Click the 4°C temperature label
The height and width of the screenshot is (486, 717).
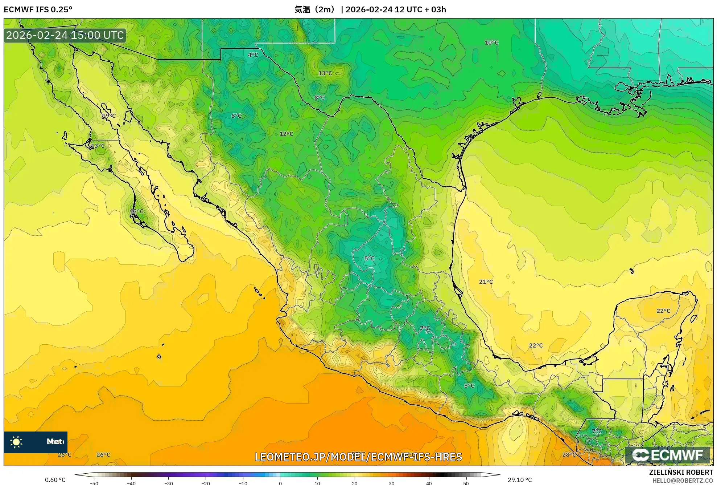click(x=253, y=55)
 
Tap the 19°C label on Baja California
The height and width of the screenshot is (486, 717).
click(x=109, y=116)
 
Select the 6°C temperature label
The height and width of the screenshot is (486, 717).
click(x=236, y=116)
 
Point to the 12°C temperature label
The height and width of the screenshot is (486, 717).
click(x=286, y=134)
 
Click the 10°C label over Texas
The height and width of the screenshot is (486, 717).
click(x=491, y=42)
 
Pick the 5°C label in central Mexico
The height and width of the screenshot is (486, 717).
click(x=369, y=259)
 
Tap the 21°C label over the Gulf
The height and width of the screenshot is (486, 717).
click(x=486, y=282)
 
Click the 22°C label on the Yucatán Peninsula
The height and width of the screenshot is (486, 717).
click(x=663, y=311)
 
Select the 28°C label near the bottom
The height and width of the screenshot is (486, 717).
click(x=569, y=455)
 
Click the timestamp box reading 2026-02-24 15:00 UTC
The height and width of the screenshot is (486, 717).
click(x=65, y=35)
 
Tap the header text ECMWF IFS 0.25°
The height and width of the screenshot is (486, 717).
click(x=38, y=9)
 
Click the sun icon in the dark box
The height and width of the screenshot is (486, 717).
click(x=16, y=442)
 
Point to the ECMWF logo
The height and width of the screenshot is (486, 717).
click(x=667, y=455)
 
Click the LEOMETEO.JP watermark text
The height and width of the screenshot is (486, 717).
click(x=358, y=457)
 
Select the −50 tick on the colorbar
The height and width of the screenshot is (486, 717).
click(x=94, y=483)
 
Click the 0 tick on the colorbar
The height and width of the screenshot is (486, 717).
click(x=280, y=483)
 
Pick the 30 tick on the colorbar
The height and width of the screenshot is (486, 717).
click(x=392, y=483)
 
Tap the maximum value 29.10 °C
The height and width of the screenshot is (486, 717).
click(x=520, y=480)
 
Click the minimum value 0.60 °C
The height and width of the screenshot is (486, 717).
click(x=55, y=480)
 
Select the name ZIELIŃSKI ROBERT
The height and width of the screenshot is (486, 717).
click(x=681, y=472)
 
